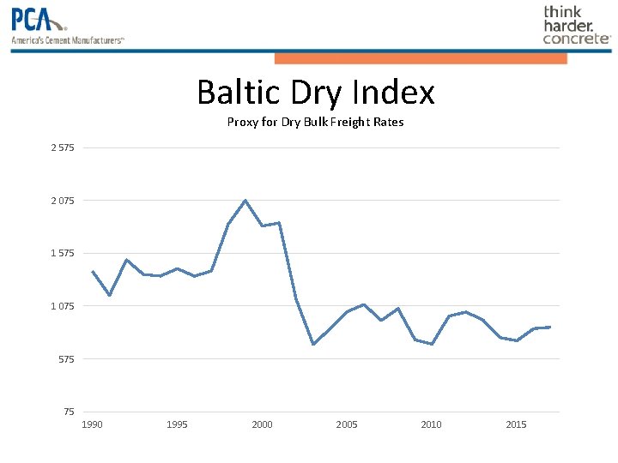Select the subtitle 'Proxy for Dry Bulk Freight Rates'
[315, 122]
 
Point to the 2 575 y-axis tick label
[62, 148]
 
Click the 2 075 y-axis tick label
[62, 201]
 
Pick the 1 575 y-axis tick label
[62, 253]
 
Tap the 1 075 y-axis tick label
[62, 306]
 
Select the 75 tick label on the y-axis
[69, 412]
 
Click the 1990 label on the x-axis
[92, 424]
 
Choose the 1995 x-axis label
[177, 424]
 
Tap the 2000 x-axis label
[262, 424]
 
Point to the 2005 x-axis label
[347, 424]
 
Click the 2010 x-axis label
[431, 424]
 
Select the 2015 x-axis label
[516, 424]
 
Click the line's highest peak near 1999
[245, 201]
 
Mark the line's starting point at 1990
[93, 272]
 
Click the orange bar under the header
[421, 58]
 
